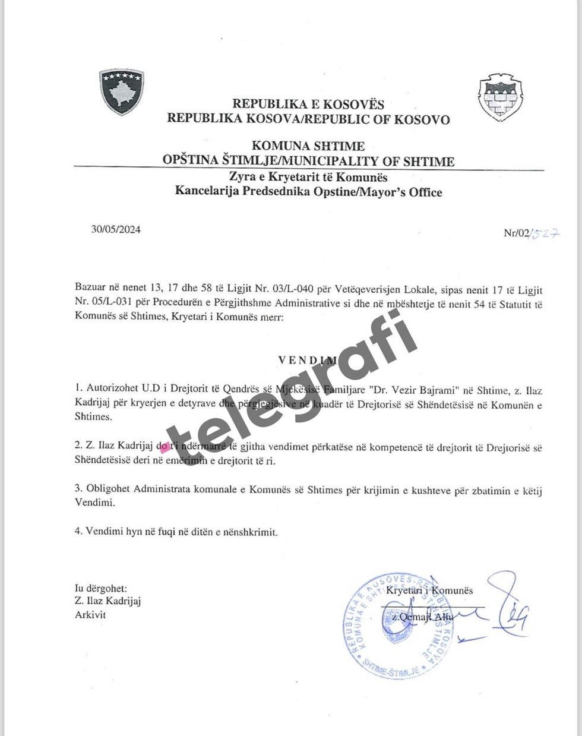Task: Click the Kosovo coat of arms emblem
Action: pyautogui.click(x=122, y=92)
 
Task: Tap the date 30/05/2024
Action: pyautogui.click(x=116, y=230)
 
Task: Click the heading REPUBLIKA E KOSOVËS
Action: pyautogui.click(x=308, y=105)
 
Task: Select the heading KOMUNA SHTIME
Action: pyautogui.click(x=308, y=146)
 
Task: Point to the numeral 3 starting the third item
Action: pyautogui.click(x=78, y=489)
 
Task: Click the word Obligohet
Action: pyautogui.click(x=109, y=489)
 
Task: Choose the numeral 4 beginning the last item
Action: pyautogui.click(x=78, y=531)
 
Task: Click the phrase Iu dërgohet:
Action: pyautogui.click(x=101, y=588)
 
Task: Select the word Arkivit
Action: pyautogui.click(x=90, y=615)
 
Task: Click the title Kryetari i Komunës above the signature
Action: pyautogui.click(x=429, y=590)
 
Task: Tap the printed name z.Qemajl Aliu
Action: pyautogui.click(x=422, y=617)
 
